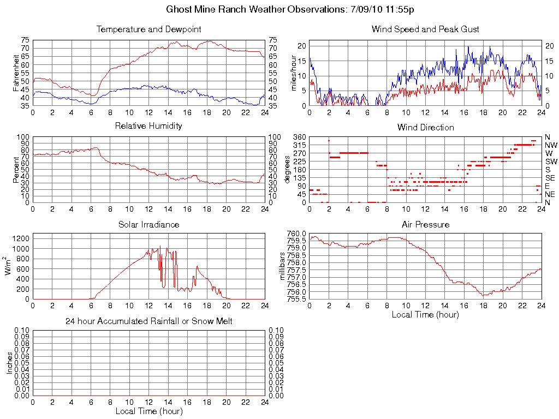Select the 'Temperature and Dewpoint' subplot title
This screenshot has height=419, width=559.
(x=148, y=29)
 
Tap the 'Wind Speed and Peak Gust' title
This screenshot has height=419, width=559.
(x=425, y=29)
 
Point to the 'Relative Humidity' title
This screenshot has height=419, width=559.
(x=148, y=126)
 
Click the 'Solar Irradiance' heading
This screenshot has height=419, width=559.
(x=148, y=224)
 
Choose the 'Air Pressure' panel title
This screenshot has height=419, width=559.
(x=425, y=224)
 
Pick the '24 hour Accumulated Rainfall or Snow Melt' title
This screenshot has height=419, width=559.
(x=148, y=321)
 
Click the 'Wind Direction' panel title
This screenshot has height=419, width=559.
(x=425, y=127)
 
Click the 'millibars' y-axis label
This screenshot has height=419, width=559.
(x=283, y=266)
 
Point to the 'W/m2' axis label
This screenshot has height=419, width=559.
(x=8, y=266)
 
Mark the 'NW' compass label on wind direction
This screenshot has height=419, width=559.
(x=550, y=145)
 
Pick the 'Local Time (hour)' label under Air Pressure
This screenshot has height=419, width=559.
(x=425, y=315)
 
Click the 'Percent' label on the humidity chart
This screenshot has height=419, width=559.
(x=16, y=169)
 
